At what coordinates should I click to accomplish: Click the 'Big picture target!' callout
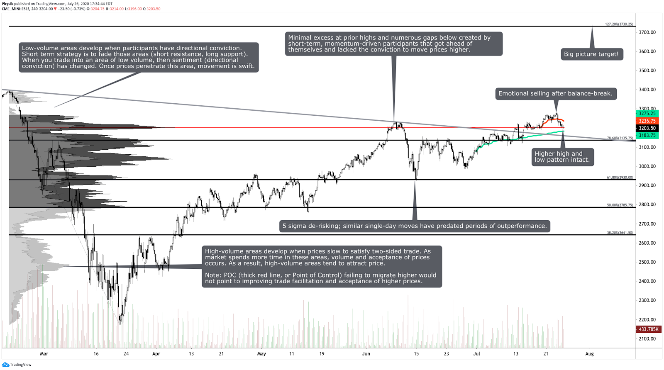tap(591, 54)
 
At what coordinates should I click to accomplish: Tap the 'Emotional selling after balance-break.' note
tap(555, 94)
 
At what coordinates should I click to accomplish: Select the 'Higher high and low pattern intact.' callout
tap(562, 157)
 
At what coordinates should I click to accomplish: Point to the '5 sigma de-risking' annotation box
tap(414, 226)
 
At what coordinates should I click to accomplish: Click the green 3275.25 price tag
tap(647, 114)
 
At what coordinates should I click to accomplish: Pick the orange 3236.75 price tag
tap(647, 121)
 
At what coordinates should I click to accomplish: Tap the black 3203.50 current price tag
tap(647, 128)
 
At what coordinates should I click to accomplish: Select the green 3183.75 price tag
tap(647, 136)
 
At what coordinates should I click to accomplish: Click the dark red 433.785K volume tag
tap(648, 329)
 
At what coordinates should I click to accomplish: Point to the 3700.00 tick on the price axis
tap(647, 32)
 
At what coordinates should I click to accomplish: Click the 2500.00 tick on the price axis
tap(647, 262)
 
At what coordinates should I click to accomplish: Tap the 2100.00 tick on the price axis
tap(647, 339)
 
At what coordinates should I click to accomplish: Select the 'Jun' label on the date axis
tap(366, 354)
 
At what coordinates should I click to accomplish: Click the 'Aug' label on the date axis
tap(589, 354)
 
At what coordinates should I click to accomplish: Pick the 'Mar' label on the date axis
tap(44, 354)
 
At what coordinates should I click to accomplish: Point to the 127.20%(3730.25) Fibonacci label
tap(619, 24)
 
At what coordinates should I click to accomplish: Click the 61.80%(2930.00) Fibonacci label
tap(620, 178)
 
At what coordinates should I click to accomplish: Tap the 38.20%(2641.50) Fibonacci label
tap(620, 233)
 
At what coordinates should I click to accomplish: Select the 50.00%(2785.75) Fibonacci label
tap(620, 205)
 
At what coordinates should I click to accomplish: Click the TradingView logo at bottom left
tap(17, 365)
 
